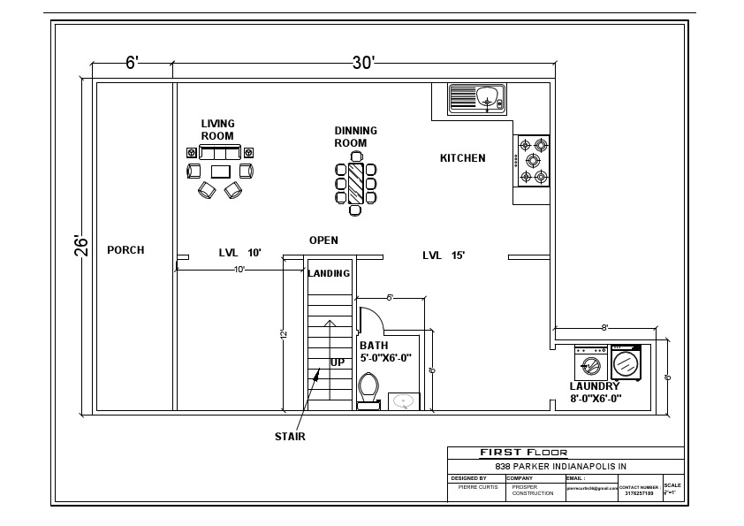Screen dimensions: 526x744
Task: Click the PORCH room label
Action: pyautogui.click(x=125, y=250)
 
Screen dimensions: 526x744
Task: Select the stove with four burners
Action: pyautogui.click(x=533, y=160)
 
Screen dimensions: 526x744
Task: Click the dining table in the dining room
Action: pyautogui.click(x=355, y=182)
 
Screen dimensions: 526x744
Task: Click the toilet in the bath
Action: pyautogui.click(x=368, y=387)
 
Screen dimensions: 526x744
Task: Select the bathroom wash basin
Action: pyautogui.click(x=404, y=401)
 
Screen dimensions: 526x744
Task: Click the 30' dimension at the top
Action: pyautogui.click(x=363, y=63)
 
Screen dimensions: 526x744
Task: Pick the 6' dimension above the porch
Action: pyautogui.click(x=132, y=63)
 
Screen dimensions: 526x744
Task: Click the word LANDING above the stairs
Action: pyautogui.click(x=329, y=273)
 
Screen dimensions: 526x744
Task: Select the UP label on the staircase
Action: pyautogui.click(x=338, y=362)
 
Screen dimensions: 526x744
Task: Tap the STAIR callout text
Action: pyautogui.click(x=290, y=436)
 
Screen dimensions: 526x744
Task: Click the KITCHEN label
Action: pyautogui.click(x=463, y=158)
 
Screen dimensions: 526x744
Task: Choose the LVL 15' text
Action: pyautogui.click(x=444, y=255)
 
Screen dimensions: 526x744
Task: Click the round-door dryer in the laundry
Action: pyautogui.click(x=626, y=362)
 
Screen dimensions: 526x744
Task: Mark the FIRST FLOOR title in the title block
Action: pyautogui.click(x=524, y=453)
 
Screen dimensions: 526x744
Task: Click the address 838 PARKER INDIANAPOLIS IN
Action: pyautogui.click(x=560, y=466)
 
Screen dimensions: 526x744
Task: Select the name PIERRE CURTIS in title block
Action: pyautogui.click(x=477, y=487)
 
